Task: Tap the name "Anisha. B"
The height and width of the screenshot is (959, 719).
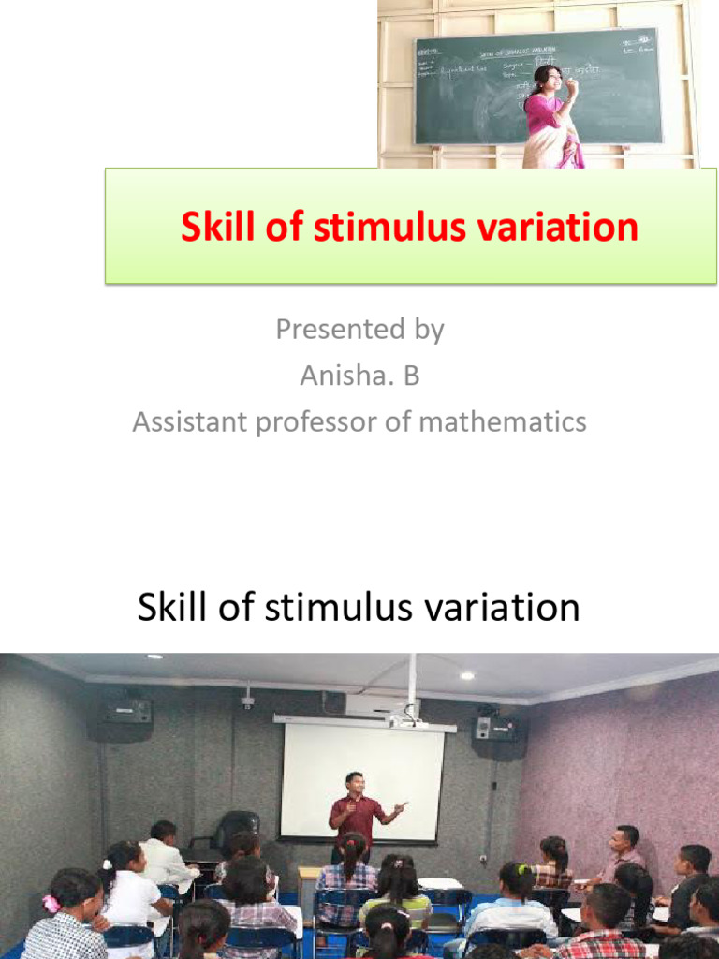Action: tap(359, 376)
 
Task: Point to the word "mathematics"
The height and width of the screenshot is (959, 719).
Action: tap(503, 421)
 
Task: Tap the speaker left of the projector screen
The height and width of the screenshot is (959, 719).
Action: tap(126, 711)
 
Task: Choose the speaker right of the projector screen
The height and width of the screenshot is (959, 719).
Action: tap(494, 726)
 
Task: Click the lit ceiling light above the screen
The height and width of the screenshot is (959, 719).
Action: tap(466, 675)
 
